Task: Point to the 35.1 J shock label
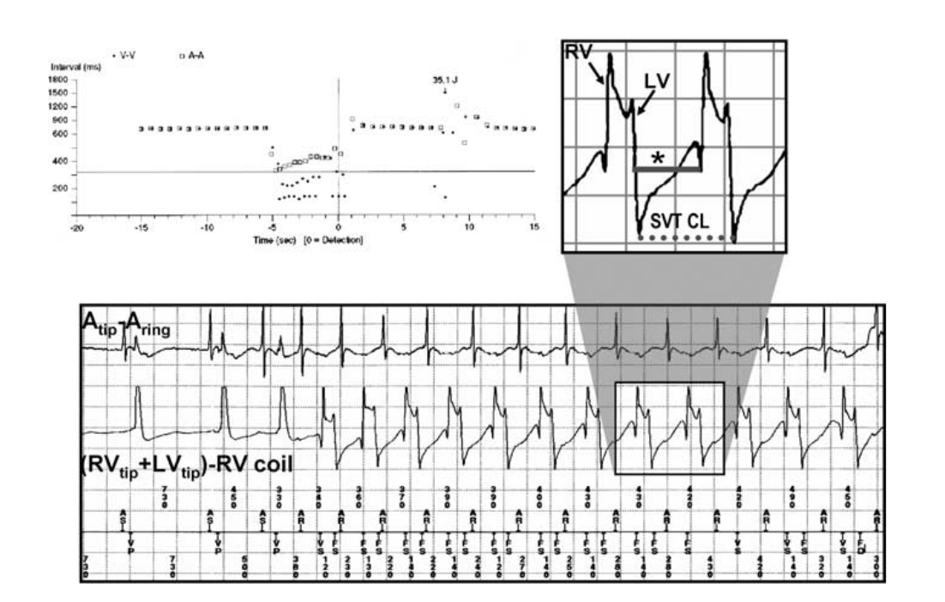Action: click(x=444, y=82)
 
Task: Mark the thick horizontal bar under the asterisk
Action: click(x=667, y=171)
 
